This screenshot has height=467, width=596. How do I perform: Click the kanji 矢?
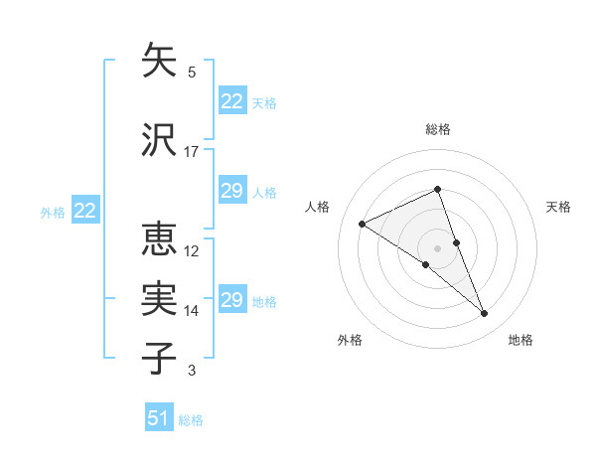point(160,61)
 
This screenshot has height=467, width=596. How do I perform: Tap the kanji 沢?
point(160,140)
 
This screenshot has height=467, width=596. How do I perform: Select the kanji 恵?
point(160,239)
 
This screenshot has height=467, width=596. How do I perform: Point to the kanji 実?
point(160,299)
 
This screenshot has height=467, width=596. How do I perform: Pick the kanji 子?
point(160,358)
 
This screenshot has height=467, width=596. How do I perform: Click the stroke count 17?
point(192,152)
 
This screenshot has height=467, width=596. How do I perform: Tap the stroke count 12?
point(192,251)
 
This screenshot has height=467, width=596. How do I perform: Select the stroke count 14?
point(192,311)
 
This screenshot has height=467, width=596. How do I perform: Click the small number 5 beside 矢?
point(192,73)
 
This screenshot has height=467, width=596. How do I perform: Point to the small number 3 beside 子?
point(192,371)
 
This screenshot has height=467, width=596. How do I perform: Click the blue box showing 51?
point(159,418)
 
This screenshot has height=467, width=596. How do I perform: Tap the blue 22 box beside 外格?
point(84,211)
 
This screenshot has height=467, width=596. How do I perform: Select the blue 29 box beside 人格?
point(231,191)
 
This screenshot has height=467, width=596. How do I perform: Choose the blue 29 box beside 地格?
point(231,300)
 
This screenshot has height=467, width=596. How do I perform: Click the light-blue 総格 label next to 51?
point(191,420)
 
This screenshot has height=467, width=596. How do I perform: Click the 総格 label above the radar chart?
point(438,129)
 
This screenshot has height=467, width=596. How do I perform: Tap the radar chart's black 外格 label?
point(350,340)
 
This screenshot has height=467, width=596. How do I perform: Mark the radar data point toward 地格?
point(485,314)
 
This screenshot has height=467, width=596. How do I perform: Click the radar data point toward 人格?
point(363,224)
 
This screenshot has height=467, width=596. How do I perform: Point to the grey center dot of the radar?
point(438,247)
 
